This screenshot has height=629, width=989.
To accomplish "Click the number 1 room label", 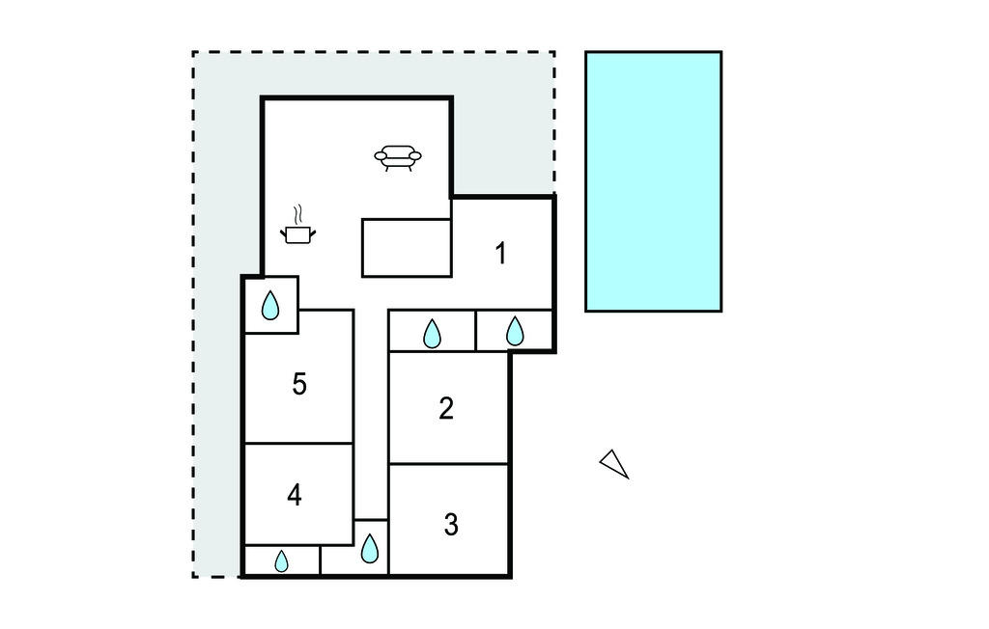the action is [501, 254].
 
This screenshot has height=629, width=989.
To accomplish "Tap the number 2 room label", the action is [446, 408].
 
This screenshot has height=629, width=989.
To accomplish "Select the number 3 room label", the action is [450, 525].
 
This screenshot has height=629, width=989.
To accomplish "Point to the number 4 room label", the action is [294, 495].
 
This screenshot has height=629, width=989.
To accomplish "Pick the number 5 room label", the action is [299, 384].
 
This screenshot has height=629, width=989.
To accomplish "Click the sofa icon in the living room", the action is [398, 157].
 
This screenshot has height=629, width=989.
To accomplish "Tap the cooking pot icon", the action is [297, 234].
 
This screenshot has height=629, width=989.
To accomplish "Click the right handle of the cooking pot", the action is [312, 233].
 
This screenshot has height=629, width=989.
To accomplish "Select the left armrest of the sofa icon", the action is [381, 155].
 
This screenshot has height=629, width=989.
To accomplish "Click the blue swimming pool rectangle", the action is [654, 181].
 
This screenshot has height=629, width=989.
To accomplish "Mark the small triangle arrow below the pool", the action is [614, 464].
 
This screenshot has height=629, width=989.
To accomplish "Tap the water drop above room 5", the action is [270, 305].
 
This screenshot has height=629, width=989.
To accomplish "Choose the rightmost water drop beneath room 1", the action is [515, 331].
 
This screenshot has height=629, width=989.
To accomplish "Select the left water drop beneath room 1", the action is [432, 334].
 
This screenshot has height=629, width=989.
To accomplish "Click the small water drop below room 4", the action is [281, 561].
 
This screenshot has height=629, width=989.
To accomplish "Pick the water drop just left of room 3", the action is [370, 548].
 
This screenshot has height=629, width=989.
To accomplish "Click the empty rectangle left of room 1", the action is [407, 248].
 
